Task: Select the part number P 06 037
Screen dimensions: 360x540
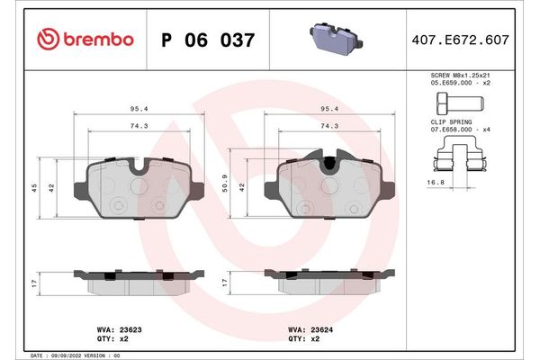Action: (206, 40)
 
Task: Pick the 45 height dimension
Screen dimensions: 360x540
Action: (34, 188)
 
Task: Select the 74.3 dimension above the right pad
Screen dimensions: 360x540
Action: (329, 127)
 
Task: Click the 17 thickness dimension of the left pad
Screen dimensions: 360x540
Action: (34, 283)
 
